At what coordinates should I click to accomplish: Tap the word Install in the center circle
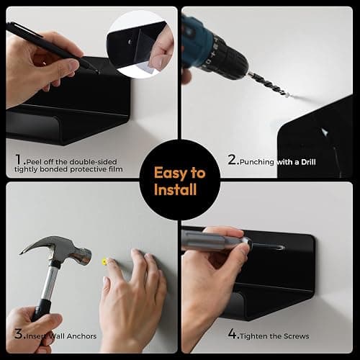[176, 189]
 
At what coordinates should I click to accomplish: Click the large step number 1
[19, 159]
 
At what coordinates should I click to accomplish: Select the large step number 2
[233, 159]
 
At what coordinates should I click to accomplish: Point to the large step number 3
[19, 333]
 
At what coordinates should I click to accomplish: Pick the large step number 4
[233, 333]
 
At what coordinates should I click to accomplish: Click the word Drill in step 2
[308, 162]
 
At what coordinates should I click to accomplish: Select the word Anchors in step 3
[81, 336]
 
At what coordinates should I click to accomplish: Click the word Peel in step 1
[35, 162]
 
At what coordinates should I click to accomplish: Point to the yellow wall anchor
[104, 261]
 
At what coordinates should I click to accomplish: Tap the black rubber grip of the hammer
[41, 310]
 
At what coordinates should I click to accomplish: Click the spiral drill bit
[269, 84]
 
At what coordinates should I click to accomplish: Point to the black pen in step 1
[52, 48]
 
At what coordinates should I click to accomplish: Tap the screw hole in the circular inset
[130, 42]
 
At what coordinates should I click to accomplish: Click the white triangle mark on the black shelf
[325, 132]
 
